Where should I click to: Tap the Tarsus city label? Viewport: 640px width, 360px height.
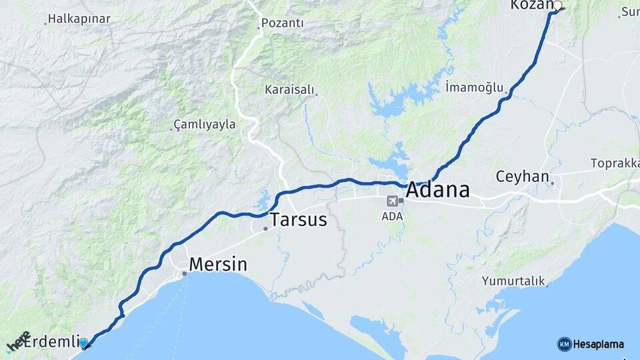pyautogui.click(x=298, y=219)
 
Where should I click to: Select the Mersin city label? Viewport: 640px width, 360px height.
pyautogui.click(x=217, y=264)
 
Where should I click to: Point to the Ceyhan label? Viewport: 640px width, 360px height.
pyautogui.click(x=522, y=177)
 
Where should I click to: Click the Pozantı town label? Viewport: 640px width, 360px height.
pyautogui.click(x=282, y=23)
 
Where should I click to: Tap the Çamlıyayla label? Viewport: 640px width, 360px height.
pyautogui.click(x=204, y=125)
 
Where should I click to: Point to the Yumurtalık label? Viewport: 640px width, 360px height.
pyautogui.click(x=513, y=281)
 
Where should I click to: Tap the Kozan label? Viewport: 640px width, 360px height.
pyautogui.click(x=531, y=5)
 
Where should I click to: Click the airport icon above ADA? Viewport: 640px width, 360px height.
pyautogui.click(x=392, y=200)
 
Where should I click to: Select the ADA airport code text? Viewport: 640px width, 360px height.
pyautogui.click(x=392, y=216)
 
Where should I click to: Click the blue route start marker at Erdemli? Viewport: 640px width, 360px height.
pyautogui.click(x=83, y=343)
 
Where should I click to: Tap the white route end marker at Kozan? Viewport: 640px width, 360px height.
pyautogui.click(x=557, y=6)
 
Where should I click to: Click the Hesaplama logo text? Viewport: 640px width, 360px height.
pyautogui.click(x=599, y=345)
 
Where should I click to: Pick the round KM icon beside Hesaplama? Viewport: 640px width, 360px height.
pyautogui.click(x=564, y=344)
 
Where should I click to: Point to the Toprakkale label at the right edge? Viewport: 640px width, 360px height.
pyautogui.click(x=615, y=163)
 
